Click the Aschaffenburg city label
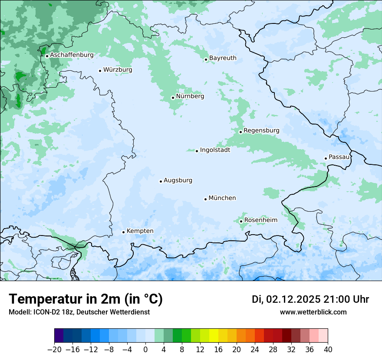pos(72,55)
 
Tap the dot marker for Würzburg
pos(100,71)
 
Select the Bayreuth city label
pos(223,58)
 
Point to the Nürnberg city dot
pos(173,98)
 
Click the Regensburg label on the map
pos(261,131)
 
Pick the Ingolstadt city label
pos(215,150)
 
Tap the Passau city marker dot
pos(326,158)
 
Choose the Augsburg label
pos(178,180)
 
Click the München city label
pos(222,198)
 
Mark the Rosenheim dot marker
pos(241,221)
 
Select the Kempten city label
pos(140,231)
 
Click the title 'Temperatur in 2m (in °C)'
pos(86,299)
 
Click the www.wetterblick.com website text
pos(313,312)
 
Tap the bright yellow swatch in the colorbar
pos(214,336)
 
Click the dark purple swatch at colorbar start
pos(59,336)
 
